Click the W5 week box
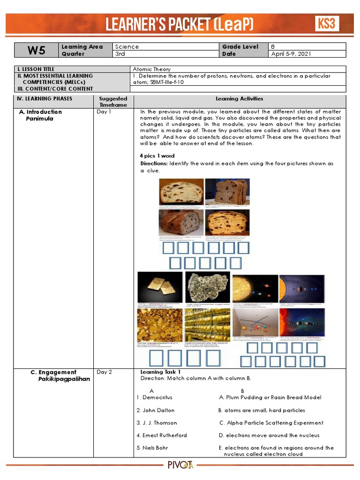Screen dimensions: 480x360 (36, 50)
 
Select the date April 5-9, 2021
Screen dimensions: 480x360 (291, 53)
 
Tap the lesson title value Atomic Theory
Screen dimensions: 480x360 (152, 69)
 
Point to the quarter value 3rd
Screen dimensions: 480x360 (121, 53)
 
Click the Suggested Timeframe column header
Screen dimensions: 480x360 (113, 102)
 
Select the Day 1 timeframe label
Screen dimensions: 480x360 (104, 112)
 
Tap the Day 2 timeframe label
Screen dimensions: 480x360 (104, 372)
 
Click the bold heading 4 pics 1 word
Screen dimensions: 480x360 (157, 156)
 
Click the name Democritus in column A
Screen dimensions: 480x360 (154, 397)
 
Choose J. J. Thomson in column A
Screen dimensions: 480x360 (157, 423)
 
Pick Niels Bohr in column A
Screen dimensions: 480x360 (152, 448)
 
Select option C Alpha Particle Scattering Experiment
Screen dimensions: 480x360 (271, 423)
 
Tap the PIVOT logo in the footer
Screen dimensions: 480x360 (180, 465)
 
